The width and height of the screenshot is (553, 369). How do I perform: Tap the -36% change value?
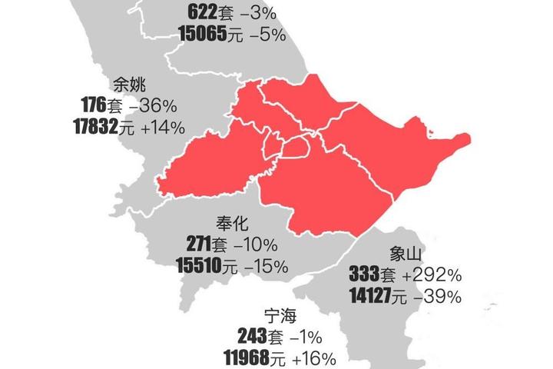pyautogui.click(x=152, y=105)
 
